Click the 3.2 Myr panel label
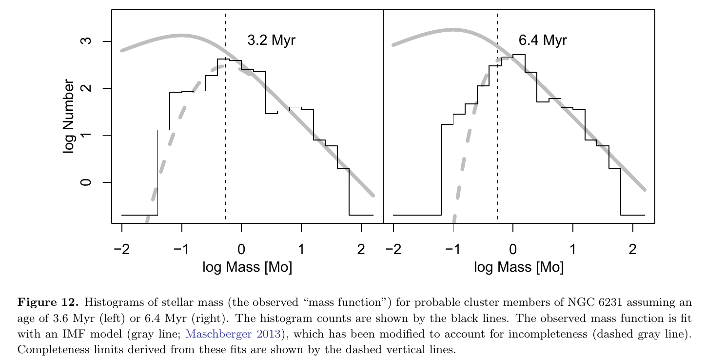pyautogui.click(x=271, y=40)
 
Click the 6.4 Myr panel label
pyautogui.click(x=542, y=40)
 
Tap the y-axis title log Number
pyautogui.click(x=69, y=116)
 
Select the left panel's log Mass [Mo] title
pyautogui.click(x=247, y=267)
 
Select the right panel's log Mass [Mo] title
pyautogui.click(x=519, y=267)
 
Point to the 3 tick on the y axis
pyautogui.click(x=86, y=41)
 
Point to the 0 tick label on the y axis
pyautogui.click(x=86, y=182)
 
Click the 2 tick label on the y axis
pyautogui.click(x=86, y=88)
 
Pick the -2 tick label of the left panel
pyautogui.click(x=121, y=250)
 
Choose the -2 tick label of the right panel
pyautogui.click(x=393, y=250)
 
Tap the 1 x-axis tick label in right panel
pyautogui.click(x=573, y=250)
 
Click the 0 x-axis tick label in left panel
pyautogui.click(x=241, y=250)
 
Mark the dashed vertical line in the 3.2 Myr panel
pyautogui.click(x=226, y=146)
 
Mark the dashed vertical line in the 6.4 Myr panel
pyautogui.click(x=497, y=146)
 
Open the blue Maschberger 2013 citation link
pyautogui.click(x=234, y=334)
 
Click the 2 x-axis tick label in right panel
pyautogui.click(x=633, y=250)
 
